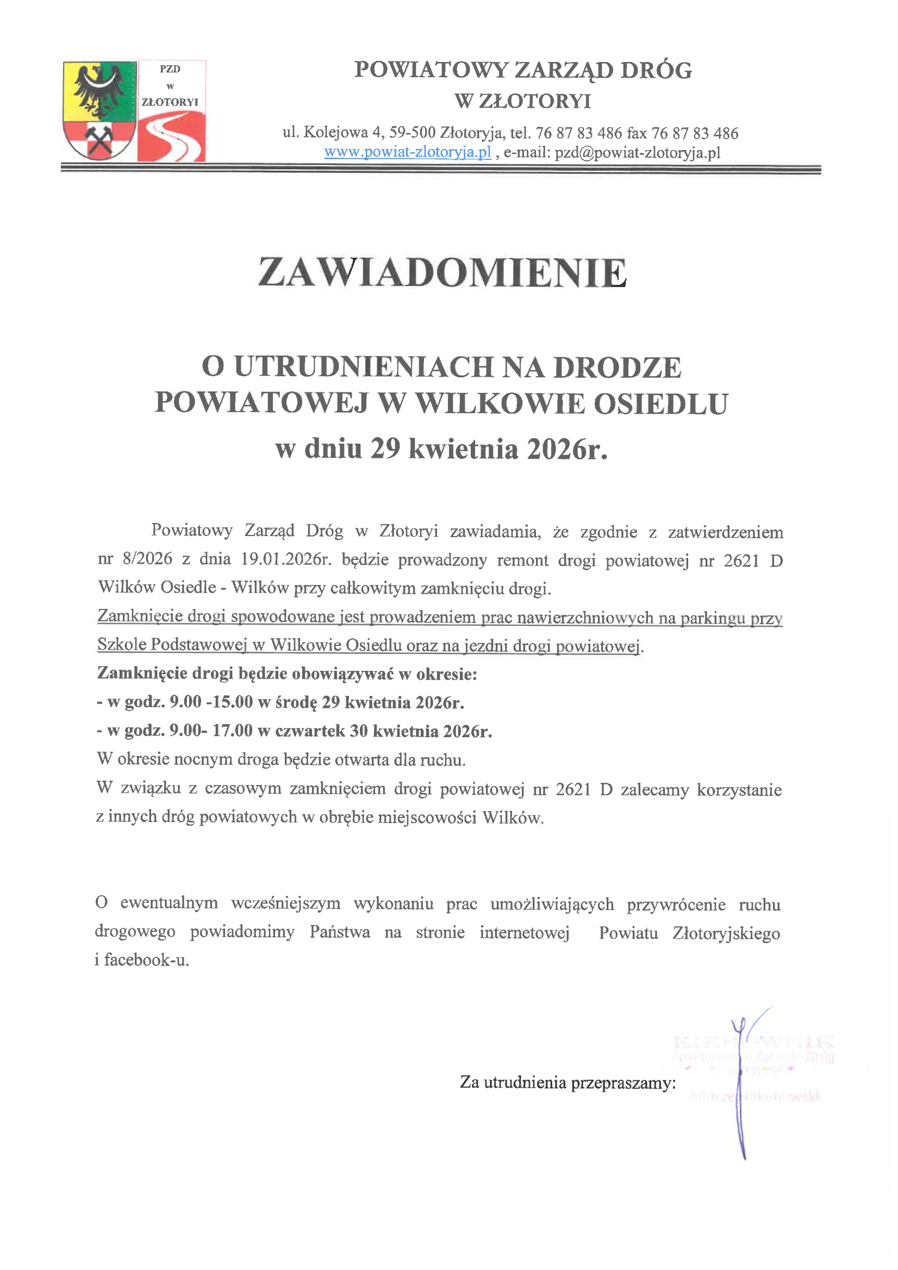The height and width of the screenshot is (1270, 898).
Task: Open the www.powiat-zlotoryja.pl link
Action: [408, 152]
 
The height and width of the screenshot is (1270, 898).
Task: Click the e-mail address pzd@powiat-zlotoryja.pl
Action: [638, 153]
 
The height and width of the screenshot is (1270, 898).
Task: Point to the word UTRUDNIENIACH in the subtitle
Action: [363, 367]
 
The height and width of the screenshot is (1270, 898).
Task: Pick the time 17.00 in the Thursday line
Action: [232, 731]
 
